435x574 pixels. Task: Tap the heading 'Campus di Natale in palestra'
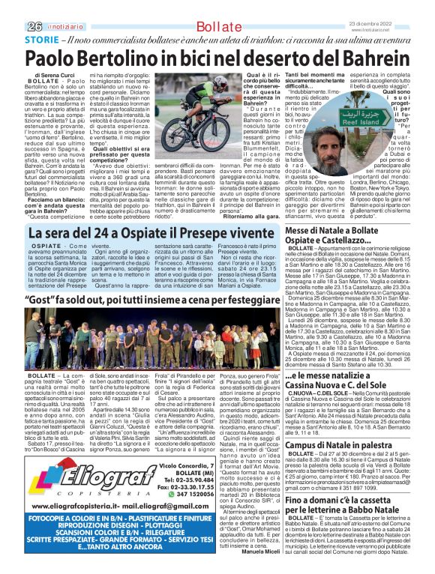point(349,445)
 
